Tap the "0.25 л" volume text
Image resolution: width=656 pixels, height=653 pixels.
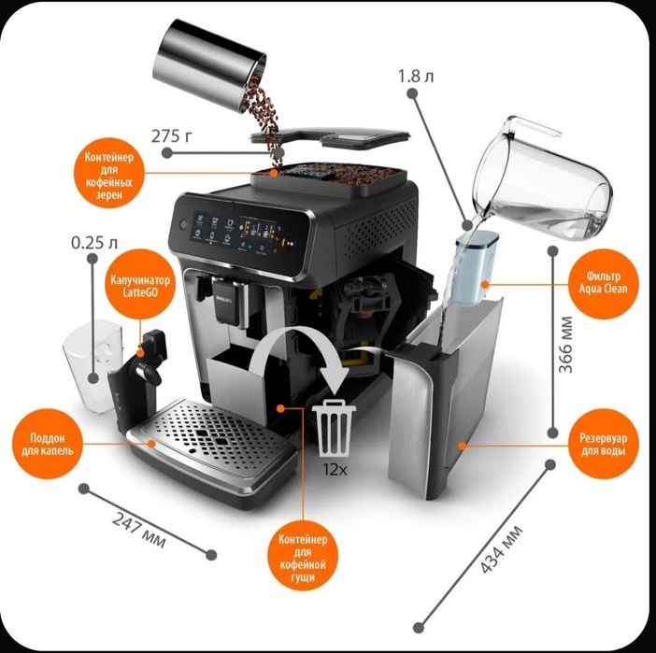(x=93, y=244)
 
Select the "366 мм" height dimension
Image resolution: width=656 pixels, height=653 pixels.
(x=565, y=344)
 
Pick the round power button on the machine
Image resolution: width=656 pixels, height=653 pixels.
(x=180, y=226)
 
